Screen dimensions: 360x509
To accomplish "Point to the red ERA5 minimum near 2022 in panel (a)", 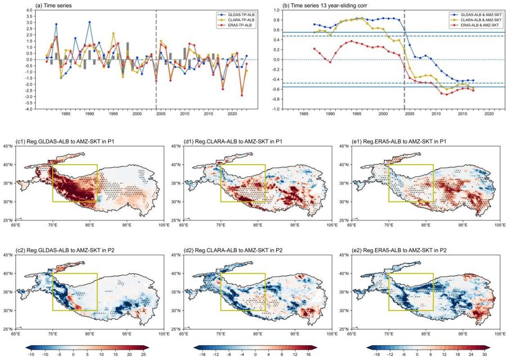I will pyautogui.click(x=241, y=95).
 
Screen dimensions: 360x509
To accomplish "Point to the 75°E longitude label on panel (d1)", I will pyautogui.click(x=221, y=225).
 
